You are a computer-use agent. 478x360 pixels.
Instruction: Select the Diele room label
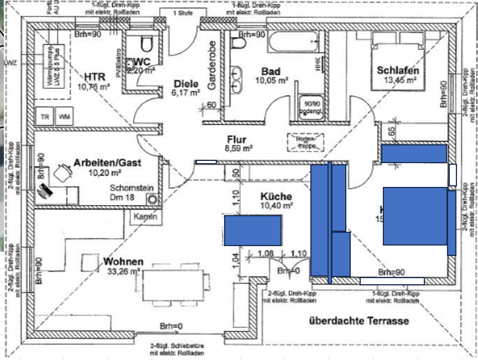pyautogui.click(x=186, y=84)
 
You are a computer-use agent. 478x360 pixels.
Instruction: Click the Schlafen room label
pyautogui.click(x=398, y=71)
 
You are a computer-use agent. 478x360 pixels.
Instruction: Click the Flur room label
pyautogui.click(x=236, y=140)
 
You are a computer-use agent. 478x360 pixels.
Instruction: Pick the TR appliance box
pyautogui.click(x=45, y=117)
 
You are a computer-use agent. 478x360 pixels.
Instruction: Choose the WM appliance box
pyautogui.click(x=64, y=117)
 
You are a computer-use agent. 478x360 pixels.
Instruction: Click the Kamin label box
pyautogui.click(x=146, y=217)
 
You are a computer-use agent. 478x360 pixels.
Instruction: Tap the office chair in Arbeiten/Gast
pyautogui.click(x=62, y=174)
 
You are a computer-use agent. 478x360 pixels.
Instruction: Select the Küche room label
pyautogui.click(x=276, y=196)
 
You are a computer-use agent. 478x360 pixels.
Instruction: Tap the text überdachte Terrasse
pyautogui.click(x=359, y=321)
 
